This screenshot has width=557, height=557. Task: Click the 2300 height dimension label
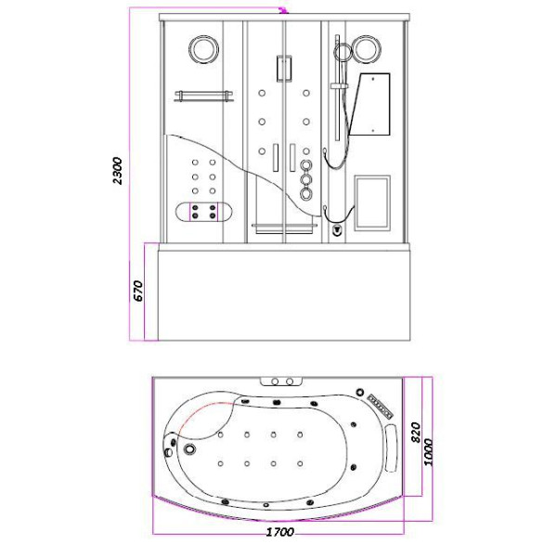(x=118, y=171)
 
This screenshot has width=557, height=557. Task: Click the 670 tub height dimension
(x=138, y=291)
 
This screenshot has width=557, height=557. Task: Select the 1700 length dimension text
(x=280, y=532)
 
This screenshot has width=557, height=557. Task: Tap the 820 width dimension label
(x=415, y=433)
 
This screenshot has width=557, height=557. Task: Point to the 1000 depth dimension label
(x=428, y=452)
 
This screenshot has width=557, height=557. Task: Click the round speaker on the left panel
(x=203, y=50)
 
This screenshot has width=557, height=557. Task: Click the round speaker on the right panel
(x=367, y=48)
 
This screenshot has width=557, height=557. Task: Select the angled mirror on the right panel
(x=370, y=104)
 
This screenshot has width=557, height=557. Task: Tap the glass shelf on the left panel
(x=204, y=96)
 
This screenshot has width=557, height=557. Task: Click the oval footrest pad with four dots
(x=203, y=213)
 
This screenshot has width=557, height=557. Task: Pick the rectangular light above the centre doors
(x=285, y=69)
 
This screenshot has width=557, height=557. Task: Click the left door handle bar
(x=276, y=158)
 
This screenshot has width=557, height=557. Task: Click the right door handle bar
(x=292, y=158)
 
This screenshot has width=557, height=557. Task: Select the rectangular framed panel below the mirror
(x=372, y=203)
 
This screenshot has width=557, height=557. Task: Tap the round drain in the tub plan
(x=190, y=448)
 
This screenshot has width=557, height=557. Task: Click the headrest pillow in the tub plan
(x=391, y=448)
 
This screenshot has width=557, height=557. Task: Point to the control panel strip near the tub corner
(x=381, y=406)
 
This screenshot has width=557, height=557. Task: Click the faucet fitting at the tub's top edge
(x=281, y=382)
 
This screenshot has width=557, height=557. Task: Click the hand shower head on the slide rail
(x=343, y=52)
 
